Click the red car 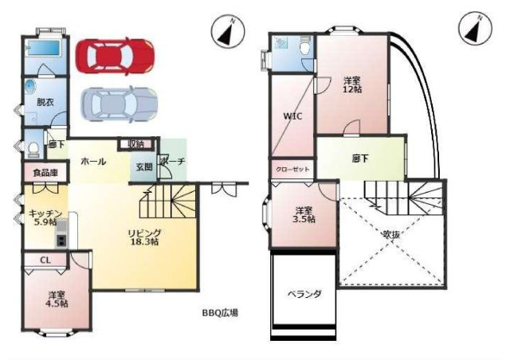pos(115,55)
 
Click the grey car pos(120,102)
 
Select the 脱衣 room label pos(45,101)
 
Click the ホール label pos(92,161)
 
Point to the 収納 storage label pos(135,144)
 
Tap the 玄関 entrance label pos(144,166)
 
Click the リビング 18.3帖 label pos(144,237)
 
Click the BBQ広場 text pos(220,312)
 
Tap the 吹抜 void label pos(391,235)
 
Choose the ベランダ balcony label pos(304,294)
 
